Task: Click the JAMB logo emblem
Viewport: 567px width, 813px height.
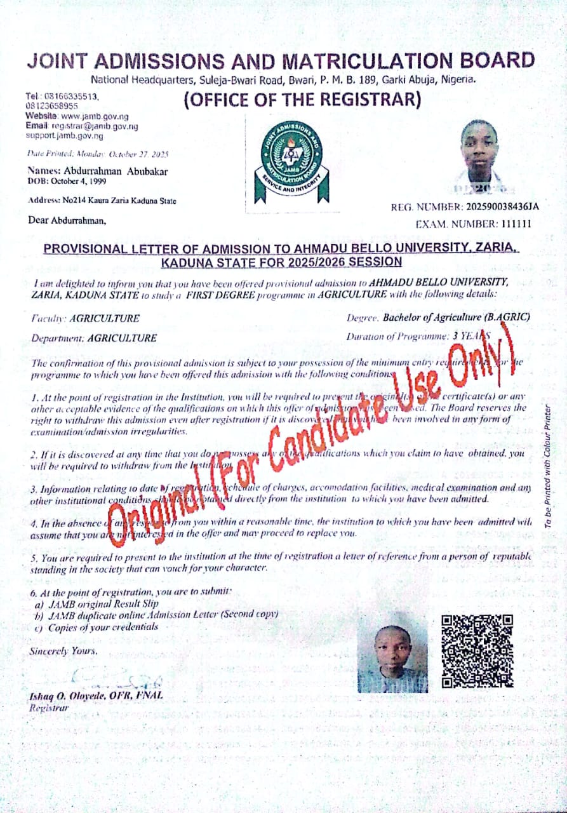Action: pos(291,162)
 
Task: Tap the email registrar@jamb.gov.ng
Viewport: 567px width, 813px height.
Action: pos(98,126)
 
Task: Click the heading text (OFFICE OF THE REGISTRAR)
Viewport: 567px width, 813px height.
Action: pos(302,100)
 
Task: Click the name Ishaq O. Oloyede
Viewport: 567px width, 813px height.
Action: pos(72,695)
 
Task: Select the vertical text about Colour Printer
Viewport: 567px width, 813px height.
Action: pos(548,465)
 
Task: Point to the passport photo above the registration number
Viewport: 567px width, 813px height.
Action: pos(479,156)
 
